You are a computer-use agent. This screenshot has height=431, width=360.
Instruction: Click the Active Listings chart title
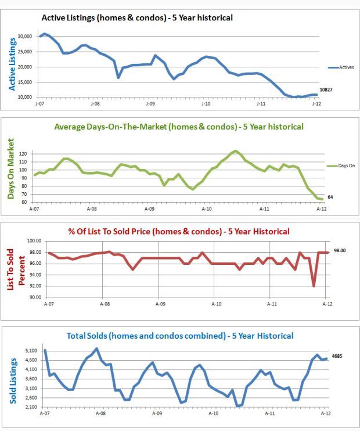137,18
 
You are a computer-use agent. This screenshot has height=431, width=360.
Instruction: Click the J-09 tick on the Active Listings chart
150,103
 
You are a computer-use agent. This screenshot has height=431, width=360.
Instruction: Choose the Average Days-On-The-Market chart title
178,126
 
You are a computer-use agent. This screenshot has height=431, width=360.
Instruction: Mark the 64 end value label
330,197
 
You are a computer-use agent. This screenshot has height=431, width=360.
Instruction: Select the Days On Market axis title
11,168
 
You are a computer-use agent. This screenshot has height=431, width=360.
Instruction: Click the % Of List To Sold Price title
179,231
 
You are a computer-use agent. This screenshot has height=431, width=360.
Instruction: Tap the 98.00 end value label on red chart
339,251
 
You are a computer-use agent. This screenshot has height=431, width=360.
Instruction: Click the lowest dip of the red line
314,286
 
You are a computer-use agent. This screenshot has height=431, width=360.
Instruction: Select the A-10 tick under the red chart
216,303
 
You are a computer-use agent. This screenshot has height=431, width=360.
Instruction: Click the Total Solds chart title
180,336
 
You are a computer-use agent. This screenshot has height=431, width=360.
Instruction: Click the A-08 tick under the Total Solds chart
100,414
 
